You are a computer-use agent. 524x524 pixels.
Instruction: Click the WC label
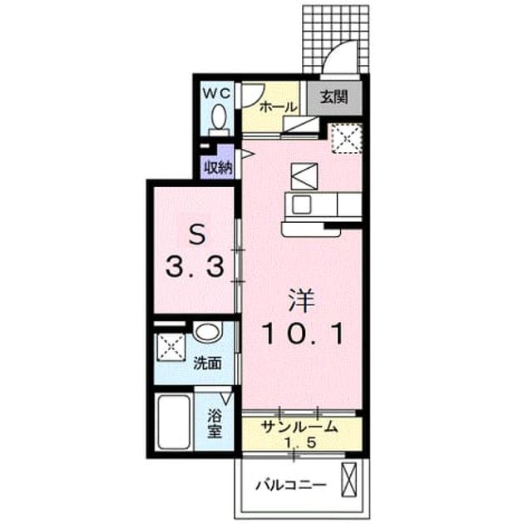coord(217,93)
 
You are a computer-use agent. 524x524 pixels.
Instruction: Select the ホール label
coord(278,107)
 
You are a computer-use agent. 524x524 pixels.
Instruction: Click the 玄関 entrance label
coord(334,97)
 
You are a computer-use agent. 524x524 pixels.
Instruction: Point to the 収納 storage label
coord(218,167)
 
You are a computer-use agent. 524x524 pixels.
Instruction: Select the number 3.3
coord(195,267)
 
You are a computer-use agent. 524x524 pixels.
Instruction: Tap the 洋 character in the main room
coord(302,300)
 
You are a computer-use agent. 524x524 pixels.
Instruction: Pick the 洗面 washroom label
coord(208,363)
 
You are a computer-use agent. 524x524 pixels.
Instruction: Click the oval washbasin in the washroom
coord(208,332)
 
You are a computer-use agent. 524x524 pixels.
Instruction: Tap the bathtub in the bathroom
coord(174,423)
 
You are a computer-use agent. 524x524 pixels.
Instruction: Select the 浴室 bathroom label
coord(215,423)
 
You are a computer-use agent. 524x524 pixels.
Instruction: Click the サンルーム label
coord(299,427)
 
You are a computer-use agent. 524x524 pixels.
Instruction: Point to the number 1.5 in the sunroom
coord(299,442)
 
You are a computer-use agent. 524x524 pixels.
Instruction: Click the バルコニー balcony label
coord(291,485)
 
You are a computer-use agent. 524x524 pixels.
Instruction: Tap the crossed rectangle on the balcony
coord(349,479)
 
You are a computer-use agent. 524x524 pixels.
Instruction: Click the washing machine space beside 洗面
coord(171,347)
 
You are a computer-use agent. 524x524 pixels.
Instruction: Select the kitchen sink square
coord(301,204)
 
